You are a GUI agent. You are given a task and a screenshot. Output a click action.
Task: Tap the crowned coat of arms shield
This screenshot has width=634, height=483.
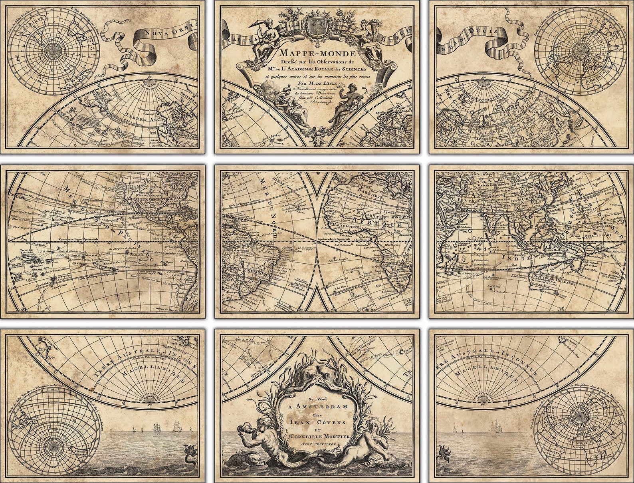click(316, 23)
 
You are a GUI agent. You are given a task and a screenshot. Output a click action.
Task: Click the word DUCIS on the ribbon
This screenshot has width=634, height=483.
click(484, 32)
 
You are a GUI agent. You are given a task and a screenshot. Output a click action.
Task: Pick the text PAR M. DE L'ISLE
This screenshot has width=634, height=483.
click(316, 83)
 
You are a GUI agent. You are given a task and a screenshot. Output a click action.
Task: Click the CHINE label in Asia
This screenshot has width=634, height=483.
click(541, 198)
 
